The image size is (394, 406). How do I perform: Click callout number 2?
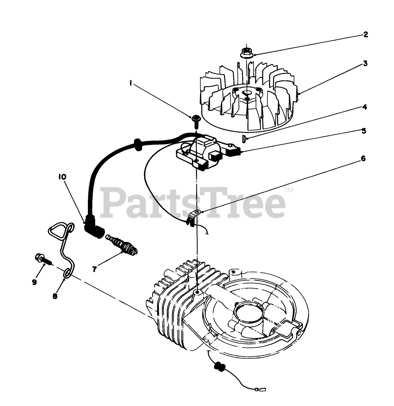tap(366, 34)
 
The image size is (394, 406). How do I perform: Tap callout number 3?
tap(365, 64)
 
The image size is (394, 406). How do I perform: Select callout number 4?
tap(364, 107)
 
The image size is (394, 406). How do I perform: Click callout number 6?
tap(363, 158)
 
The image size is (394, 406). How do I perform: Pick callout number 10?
tap(63, 177)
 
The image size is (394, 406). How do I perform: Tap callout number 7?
tap(94, 269)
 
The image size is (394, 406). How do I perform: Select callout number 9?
tap(34, 282)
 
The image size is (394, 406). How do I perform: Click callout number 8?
tap(55, 296)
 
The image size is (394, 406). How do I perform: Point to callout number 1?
tap(131, 83)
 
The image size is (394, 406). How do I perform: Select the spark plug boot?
tap(94, 229)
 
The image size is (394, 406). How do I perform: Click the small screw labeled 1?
tap(196, 119)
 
